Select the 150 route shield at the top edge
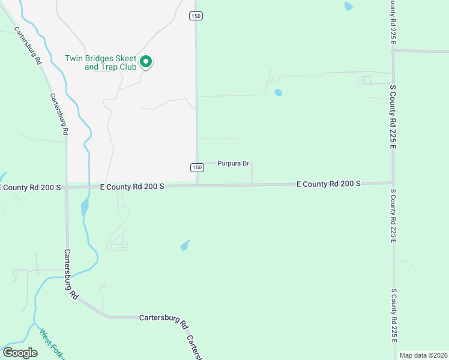point(196,16)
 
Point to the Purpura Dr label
point(233,163)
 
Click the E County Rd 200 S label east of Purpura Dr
point(328,184)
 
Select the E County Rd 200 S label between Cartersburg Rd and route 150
point(132,187)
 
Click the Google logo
point(20,353)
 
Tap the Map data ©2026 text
point(423,355)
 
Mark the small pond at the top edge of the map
point(348,7)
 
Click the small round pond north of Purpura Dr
point(278,92)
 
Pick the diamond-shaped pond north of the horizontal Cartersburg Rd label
point(185,245)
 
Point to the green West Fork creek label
point(51,342)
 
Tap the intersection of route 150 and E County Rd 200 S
point(197,185)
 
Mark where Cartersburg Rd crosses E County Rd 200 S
point(67,187)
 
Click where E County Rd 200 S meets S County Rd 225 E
point(393,182)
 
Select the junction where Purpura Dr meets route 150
point(197,162)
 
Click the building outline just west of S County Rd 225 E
point(366,80)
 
